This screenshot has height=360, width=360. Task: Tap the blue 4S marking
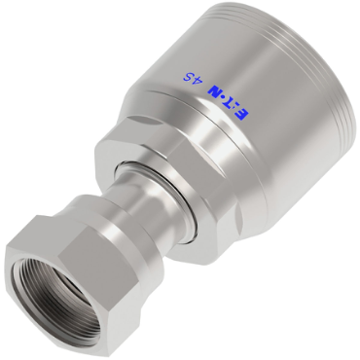[191, 79]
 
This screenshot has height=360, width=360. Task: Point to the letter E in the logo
[242, 116]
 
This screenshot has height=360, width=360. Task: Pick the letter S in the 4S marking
[187, 77]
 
